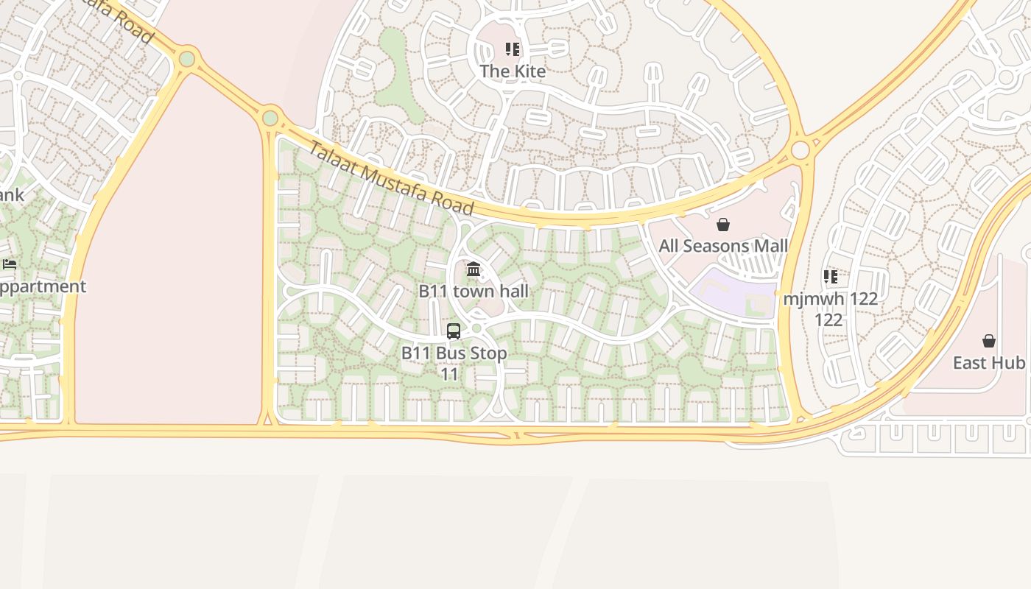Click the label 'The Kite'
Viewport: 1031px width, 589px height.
(x=513, y=71)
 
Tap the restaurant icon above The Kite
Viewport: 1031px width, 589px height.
(x=513, y=50)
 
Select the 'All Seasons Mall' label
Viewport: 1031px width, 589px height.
(x=723, y=246)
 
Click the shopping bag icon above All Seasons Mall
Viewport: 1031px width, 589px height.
(x=723, y=225)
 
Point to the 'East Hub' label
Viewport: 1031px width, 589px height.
(x=988, y=363)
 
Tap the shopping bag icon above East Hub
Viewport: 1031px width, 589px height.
(x=989, y=342)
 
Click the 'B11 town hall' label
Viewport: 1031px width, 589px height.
(x=474, y=291)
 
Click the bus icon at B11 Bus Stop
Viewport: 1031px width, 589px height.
(x=454, y=331)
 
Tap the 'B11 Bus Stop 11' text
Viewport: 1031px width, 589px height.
(x=454, y=363)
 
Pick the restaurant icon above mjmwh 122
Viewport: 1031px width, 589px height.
(x=830, y=278)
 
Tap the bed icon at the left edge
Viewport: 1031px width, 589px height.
(x=10, y=264)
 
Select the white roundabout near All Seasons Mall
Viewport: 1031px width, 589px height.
(x=800, y=150)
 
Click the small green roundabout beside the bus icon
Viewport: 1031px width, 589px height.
(x=476, y=328)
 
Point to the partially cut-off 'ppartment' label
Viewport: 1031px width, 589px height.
(x=42, y=286)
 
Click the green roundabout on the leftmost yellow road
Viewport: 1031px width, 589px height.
(x=187, y=58)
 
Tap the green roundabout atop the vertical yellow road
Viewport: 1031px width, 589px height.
(x=270, y=118)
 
